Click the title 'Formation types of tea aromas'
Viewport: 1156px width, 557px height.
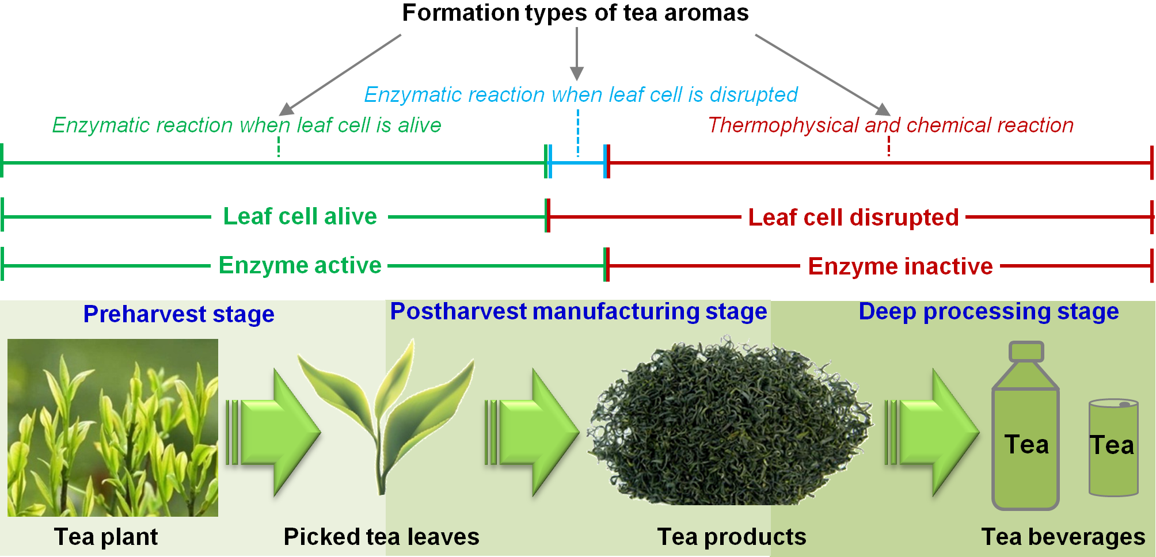[x=575, y=13]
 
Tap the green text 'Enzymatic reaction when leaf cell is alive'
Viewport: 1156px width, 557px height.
[x=246, y=125]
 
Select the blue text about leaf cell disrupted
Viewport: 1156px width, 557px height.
[x=581, y=94]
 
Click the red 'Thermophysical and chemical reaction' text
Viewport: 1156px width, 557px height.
[x=891, y=125]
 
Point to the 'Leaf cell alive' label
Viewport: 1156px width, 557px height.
[x=300, y=216]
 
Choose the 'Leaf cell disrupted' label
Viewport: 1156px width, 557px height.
[x=853, y=218]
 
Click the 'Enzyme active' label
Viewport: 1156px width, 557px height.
[x=300, y=265]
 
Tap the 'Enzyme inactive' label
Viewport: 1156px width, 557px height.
[x=900, y=266]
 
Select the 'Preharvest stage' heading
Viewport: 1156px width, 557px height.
[x=179, y=314]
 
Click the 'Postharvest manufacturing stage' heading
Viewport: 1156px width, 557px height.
[x=579, y=311]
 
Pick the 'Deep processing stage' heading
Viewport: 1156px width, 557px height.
[x=988, y=311]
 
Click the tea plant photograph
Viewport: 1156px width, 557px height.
[x=113, y=428]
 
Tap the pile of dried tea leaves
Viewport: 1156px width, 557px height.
[x=730, y=421]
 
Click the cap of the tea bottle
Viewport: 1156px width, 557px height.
[x=1026, y=351]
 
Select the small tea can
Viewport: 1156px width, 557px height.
[x=1113, y=447]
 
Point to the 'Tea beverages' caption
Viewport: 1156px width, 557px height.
[x=1063, y=537]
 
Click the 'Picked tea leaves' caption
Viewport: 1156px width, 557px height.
[x=382, y=537]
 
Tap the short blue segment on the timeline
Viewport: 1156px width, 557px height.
[x=578, y=162]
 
